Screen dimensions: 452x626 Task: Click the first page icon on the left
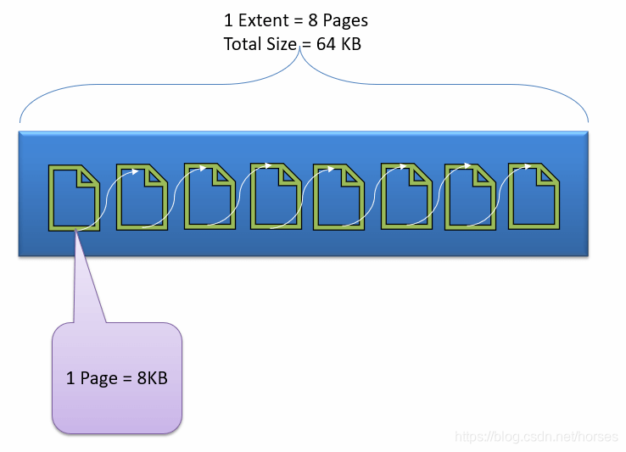click(x=74, y=197)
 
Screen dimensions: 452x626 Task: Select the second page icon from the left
click(x=141, y=196)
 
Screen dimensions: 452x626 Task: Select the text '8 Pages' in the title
click(x=338, y=20)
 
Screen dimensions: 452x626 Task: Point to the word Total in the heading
click(x=243, y=44)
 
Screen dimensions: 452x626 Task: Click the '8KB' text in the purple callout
click(x=152, y=378)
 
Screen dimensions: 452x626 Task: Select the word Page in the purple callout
click(x=99, y=378)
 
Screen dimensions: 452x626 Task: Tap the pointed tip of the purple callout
click(x=76, y=232)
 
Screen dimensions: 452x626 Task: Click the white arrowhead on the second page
click(x=137, y=170)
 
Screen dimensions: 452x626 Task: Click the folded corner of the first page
click(x=88, y=177)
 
